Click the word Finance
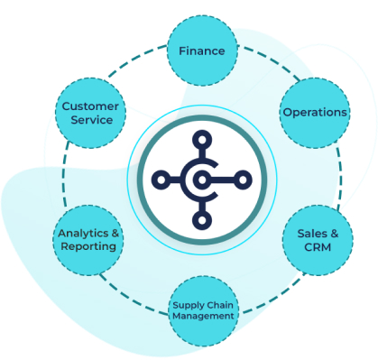tap(203, 51)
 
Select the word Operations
tap(314, 113)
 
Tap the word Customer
tap(89, 106)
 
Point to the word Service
tap(89, 120)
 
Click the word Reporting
tap(88, 246)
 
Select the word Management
tap(204, 316)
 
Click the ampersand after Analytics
tap(115, 233)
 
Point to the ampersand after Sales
tap(334, 233)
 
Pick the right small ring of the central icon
tap(242, 180)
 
